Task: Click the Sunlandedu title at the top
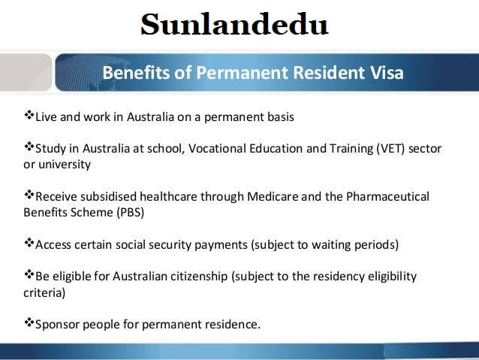coord(234,25)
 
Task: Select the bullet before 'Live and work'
coord(29,116)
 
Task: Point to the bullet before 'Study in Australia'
coord(29,147)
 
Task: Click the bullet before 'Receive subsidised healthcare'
coord(29,195)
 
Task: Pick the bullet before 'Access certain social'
coord(29,244)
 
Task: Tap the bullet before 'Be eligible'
coord(29,275)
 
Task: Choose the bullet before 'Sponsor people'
coord(29,324)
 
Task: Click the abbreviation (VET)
coord(393,149)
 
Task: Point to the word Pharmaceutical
coord(387,197)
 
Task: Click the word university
coord(65,164)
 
